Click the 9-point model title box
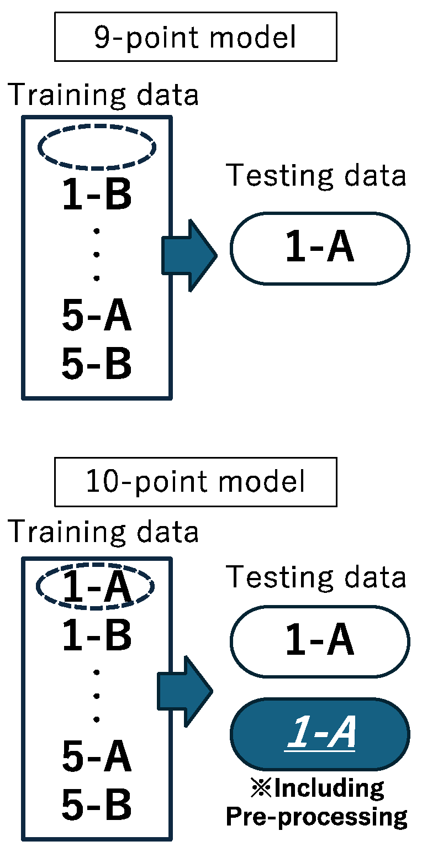[196, 37]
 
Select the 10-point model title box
[196, 482]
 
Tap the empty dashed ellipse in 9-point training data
[97, 146]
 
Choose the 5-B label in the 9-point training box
[97, 365]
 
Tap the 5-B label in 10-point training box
[97, 805]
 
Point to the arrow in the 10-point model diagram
[186, 691]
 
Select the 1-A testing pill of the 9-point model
[320, 249]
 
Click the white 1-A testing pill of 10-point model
[320, 642]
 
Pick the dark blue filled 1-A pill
[320, 734]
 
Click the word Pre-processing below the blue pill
[317, 816]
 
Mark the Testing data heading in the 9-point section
[317, 176]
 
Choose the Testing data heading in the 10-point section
[317, 577]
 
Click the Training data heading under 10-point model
[103, 532]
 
